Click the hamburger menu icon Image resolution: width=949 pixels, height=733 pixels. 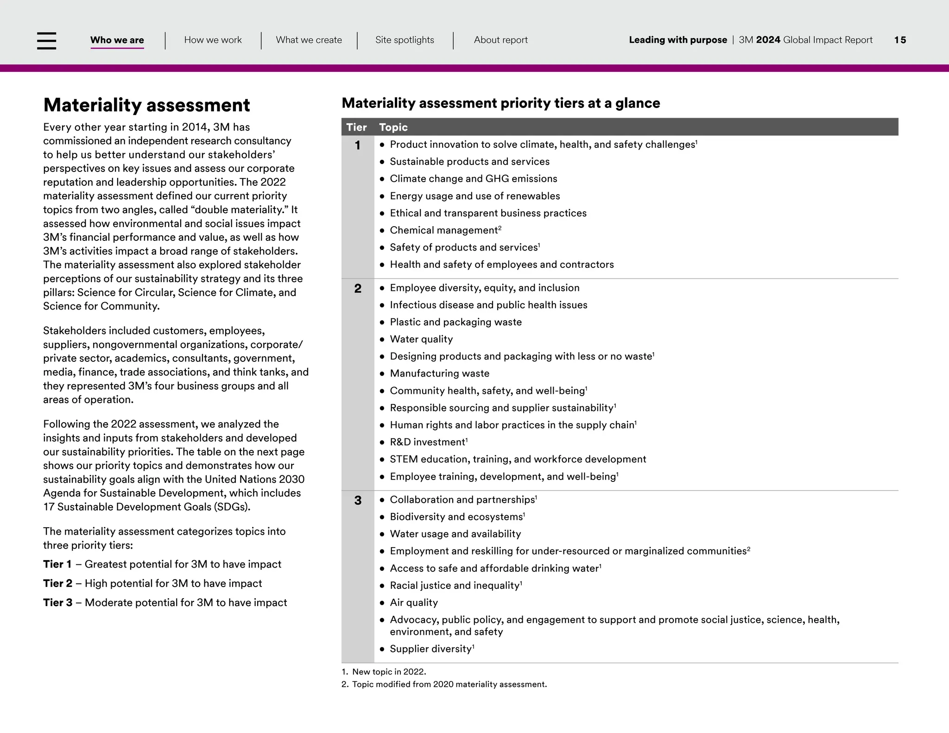coord(46,41)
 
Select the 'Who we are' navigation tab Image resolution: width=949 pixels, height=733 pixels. coord(117,40)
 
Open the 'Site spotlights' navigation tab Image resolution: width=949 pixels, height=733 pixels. coord(405,40)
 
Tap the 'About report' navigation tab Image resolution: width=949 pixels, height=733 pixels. coord(500,40)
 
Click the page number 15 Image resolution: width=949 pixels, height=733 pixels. coord(900,40)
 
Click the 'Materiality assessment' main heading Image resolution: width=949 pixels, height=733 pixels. coord(146,105)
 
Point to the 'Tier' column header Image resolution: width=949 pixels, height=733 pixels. coord(356,127)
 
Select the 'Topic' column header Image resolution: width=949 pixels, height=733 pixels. coord(393,127)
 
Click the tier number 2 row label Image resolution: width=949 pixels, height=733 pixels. coord(358,289)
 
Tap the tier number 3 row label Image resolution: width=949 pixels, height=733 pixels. coord(358,500)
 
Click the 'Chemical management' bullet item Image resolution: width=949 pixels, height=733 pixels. coord(443,230)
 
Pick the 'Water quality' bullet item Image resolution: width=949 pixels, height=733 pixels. coord(421,339)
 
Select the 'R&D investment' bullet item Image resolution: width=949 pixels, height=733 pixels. coord(427,442)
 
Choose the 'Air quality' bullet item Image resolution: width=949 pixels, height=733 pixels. coord(413,602)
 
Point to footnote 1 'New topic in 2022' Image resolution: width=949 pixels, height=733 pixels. coord(388,671)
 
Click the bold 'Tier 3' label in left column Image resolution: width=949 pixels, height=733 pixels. coord(58,602)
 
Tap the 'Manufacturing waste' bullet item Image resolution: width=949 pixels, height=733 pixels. coord(439,373)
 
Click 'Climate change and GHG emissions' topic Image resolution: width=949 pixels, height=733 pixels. coord(473,179)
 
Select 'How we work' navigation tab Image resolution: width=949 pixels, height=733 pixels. coord(213,40)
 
